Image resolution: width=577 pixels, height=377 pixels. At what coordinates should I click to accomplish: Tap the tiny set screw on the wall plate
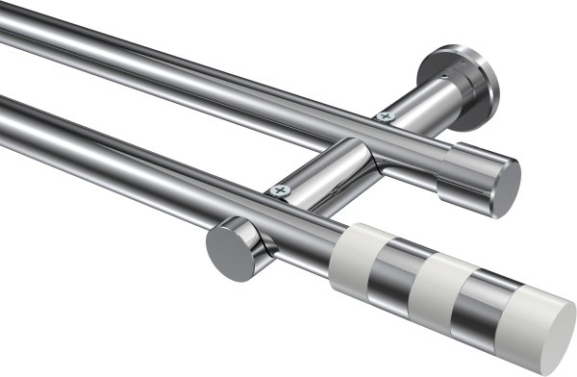coord(443,75)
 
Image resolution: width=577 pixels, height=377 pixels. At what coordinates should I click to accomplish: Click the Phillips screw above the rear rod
coord(385,117)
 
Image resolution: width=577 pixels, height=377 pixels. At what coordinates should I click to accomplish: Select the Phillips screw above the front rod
coord(281,190)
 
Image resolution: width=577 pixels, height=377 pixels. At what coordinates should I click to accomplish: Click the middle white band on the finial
coord(437,289)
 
